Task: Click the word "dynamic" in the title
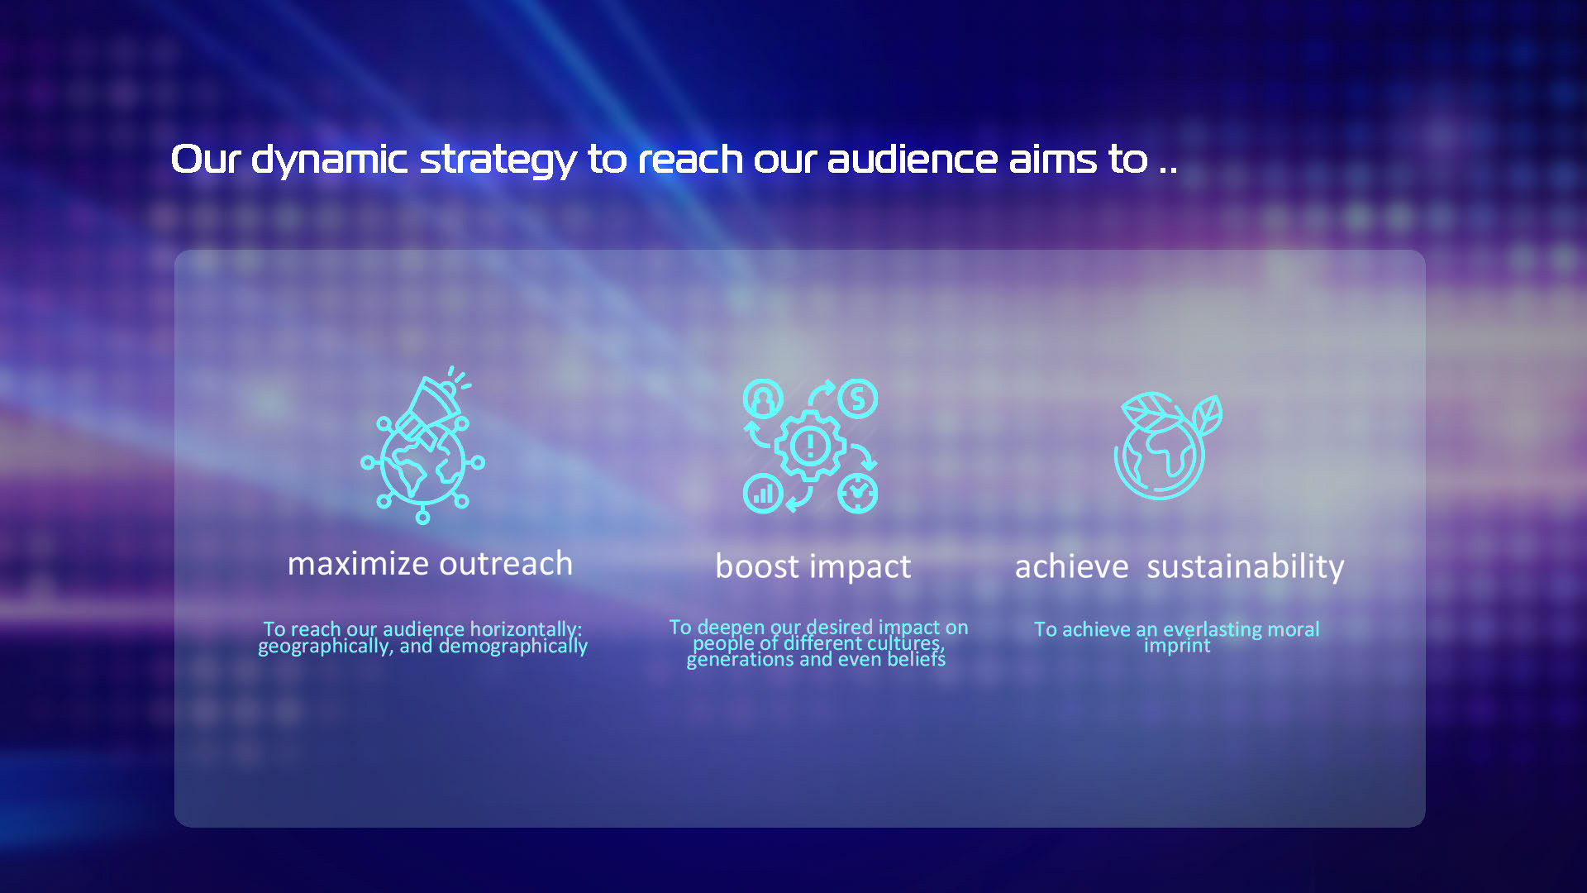(329, 160)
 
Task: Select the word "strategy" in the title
(498, 160)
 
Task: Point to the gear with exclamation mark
(810, 446)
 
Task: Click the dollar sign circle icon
(858, 399)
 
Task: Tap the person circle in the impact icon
(763, 399)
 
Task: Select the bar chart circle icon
(763, 494)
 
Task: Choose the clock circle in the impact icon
(858, 494)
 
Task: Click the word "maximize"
(358, 564)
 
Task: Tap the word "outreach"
(506, 564)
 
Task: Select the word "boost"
(757, 566)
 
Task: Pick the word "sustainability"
(1246, 568)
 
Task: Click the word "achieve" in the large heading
(1071, 567)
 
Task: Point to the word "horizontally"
(526, 629)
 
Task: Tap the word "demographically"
(513, 646)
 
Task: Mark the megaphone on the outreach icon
(428, 409)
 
